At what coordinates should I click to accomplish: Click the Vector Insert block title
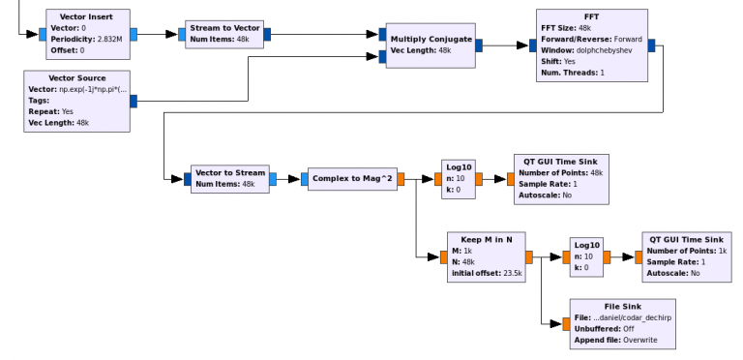coord(88,16)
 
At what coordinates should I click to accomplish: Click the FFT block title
coord(589,16)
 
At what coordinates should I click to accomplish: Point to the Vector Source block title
coord(76,76)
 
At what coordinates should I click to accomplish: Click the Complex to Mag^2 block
coord(352,179)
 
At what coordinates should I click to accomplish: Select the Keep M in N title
coord(487,238)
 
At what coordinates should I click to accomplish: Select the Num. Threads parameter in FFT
coord(579,72)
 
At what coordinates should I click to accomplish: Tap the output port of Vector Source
coord(133,99)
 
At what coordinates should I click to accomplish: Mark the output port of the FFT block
coord(651,44)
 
